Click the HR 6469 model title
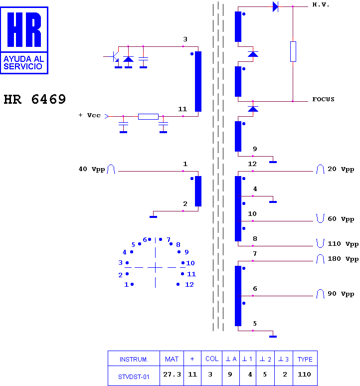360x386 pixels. (35, 99)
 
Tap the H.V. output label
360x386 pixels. (321, 4)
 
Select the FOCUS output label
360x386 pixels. (323, 99)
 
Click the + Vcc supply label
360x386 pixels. (90, 115)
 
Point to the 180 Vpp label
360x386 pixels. (343, 259)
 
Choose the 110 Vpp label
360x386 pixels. (343, 244)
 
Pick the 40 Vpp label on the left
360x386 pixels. (92, 169)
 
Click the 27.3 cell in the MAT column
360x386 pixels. (172, 374)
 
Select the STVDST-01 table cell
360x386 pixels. (134, 377)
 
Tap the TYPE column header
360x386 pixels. (305, 360)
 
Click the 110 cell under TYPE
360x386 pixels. (305, 374)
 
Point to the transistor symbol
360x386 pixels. (114, 57)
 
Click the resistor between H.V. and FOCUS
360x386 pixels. (293, 51)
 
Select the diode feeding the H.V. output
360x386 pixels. (275, 6)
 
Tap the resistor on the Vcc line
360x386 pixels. (148, 116)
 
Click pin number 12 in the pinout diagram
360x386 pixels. (189, 285)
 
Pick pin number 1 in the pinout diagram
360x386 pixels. (127, 285)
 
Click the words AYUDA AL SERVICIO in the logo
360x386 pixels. (23, 62)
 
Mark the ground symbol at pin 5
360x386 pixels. (273, 336)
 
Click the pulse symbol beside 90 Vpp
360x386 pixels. (320, 293)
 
